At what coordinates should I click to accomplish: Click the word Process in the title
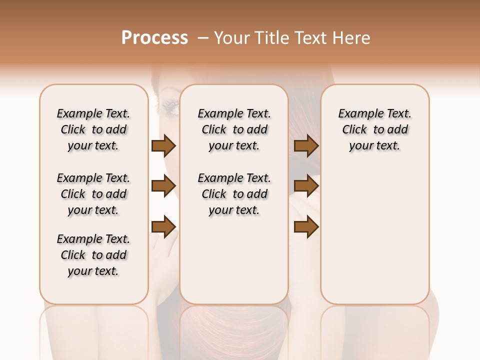pos(154,38)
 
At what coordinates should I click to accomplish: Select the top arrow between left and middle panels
pos(163,145)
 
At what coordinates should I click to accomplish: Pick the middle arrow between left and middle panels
pos(163,186)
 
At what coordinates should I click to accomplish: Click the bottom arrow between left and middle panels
pos(163,227)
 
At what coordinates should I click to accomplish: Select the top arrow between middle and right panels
pos(306,145)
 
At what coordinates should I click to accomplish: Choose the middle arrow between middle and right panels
pos(306,186)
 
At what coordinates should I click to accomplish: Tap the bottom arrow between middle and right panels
pos(306,227)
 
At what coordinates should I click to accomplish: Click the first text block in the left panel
pos(93,129)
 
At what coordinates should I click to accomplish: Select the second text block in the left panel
pos(93,194)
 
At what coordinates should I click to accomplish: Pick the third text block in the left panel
pos(93,255)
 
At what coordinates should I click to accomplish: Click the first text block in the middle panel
pos(234,129)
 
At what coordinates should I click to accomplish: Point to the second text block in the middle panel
pos(234,194)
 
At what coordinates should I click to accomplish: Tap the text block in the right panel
pos(374,129)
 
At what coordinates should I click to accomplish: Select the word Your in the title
pos(231,38)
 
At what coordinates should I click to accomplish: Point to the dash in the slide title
pos(203,38)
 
